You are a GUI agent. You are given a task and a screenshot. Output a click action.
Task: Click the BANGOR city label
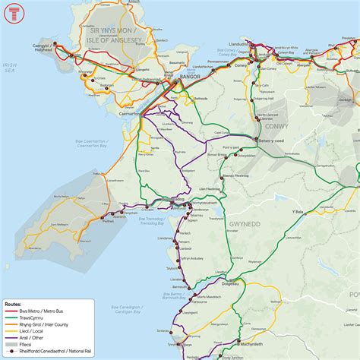click(x=187, y=76)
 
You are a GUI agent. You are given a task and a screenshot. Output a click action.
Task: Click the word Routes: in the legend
click(x=15, y=302)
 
